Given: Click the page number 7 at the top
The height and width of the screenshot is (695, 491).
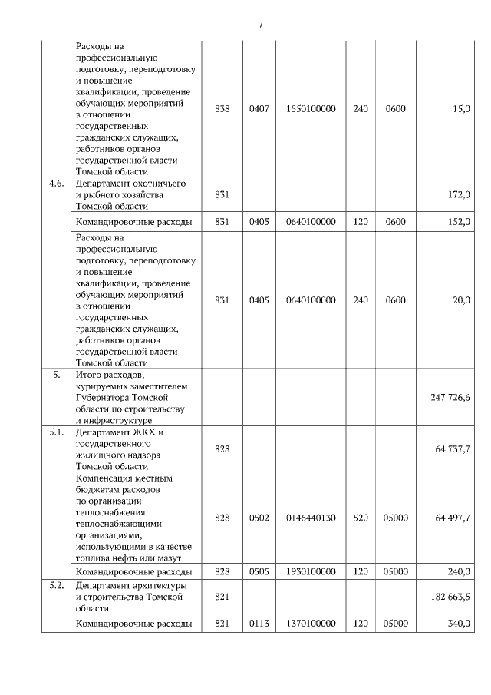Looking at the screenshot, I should pos(260,25).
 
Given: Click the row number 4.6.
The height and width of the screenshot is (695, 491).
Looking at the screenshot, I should pos(55,184).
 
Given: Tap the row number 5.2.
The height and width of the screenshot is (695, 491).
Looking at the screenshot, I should pos(55,586).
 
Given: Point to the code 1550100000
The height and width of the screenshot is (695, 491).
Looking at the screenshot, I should pos(311,109).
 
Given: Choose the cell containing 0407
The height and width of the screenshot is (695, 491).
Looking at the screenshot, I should pos(259,109).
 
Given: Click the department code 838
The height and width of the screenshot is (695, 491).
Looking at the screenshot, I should pos(222,109).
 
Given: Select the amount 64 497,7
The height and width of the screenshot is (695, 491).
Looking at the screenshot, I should pos(452,518).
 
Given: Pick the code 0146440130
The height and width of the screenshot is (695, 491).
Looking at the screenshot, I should pos(311,518).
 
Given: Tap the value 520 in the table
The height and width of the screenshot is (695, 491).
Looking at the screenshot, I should pos(361,518).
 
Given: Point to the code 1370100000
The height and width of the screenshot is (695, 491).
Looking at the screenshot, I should pos(311,624).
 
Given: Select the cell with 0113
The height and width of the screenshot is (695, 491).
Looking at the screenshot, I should pos(259,624).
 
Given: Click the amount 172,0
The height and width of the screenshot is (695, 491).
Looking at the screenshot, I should pos(458,195).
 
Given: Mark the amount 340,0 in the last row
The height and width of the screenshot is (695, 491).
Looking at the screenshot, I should pos(458,624).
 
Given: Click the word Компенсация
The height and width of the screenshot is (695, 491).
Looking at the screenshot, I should pos(107,478).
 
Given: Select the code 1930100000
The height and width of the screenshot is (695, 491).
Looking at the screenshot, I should pos(311,572).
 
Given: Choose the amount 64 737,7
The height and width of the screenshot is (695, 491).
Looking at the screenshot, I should pos(452,448).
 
